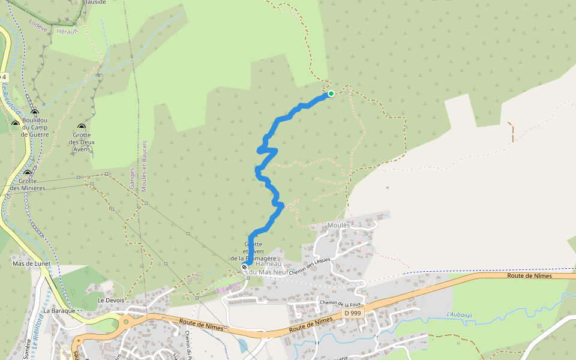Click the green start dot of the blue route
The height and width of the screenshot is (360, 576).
click(x=331, y=94)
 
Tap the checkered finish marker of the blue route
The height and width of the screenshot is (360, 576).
click(x=245, y=267)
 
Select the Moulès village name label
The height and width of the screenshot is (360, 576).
click(x=339, y=226)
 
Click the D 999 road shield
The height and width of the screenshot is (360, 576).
click(x=353, y=313)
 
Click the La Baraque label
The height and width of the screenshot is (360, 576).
click(x=59, y=311)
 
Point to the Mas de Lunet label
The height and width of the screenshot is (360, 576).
click(x=32, y=264)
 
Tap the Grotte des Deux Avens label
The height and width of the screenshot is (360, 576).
click(x=82, y=142)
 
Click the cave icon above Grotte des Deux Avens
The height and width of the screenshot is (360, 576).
click(x=82, y=127)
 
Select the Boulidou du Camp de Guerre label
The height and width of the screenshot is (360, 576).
click(x=34, y=127)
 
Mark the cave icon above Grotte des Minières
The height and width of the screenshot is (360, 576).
click(x=27, y=173)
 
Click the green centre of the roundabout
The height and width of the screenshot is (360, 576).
click(x=126, y=321)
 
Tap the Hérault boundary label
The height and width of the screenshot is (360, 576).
click(x=67, y=31)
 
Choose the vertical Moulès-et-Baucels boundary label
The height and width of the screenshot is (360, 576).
click(x=145, y=166)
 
